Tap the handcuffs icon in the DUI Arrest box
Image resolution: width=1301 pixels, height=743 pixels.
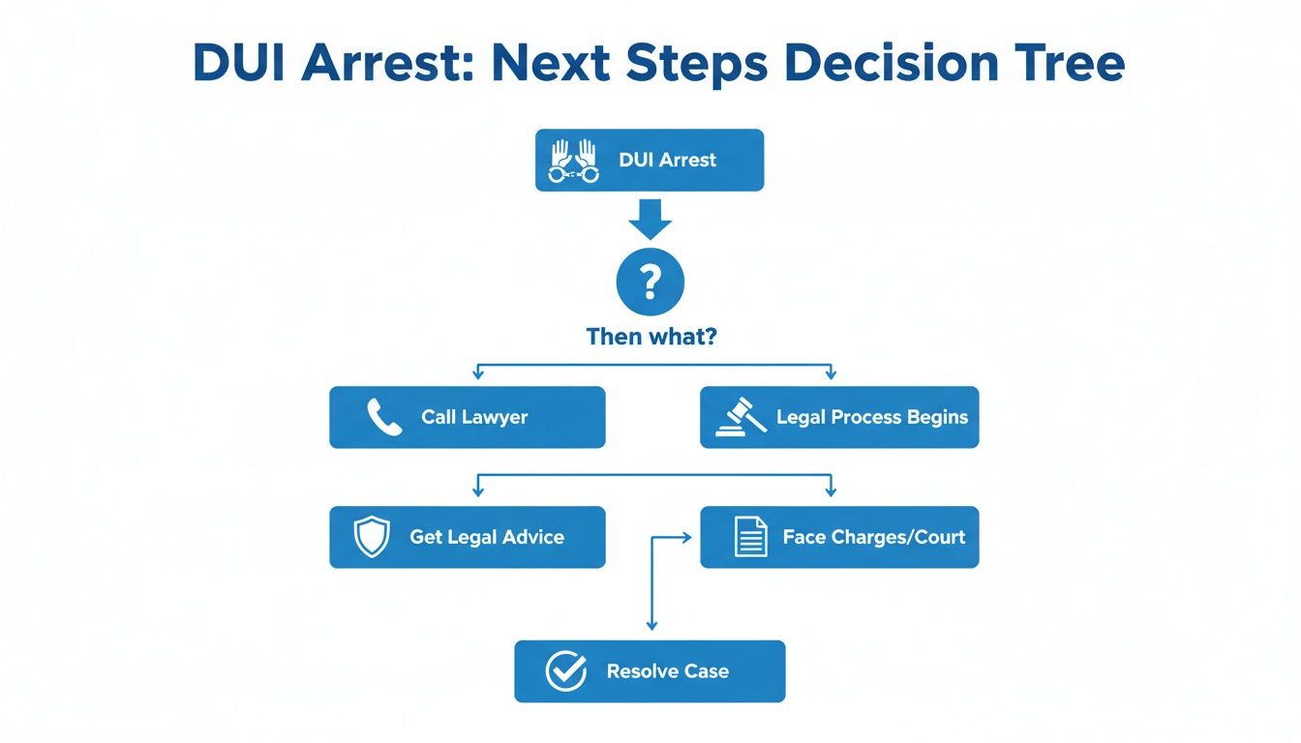pos(574,161)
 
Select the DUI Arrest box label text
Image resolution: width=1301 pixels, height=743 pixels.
pos(667,161)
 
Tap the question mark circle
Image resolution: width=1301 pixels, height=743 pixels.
pos(650,282)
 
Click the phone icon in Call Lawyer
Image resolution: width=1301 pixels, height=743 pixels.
pos(384,418)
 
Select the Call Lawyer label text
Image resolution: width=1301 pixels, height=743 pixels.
pos(474,418)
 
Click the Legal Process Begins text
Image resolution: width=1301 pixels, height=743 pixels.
pos(871,418)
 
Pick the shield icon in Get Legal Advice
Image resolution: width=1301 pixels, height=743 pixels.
pos(372,537)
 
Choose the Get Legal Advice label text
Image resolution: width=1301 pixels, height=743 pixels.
pos(486,537)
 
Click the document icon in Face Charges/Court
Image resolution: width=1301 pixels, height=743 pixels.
pos(750,537)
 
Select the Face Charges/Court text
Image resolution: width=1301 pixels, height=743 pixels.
pos(873,537)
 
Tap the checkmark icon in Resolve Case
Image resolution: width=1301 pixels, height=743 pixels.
pos(565,671)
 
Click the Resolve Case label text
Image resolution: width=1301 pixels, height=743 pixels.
pos(667,671)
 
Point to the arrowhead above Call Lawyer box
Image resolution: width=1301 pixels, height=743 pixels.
pos(477,374)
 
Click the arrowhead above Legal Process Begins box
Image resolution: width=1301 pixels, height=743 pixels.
pos(831,374)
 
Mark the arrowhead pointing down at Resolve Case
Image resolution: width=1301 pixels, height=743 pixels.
pos(651,627)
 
